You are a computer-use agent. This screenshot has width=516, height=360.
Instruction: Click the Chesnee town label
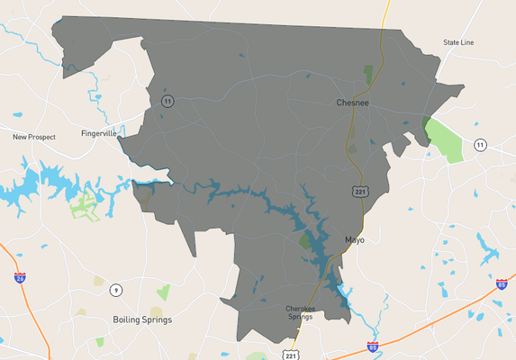(x=352, y=103)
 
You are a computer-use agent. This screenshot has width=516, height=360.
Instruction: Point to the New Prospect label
(x=34, y=137)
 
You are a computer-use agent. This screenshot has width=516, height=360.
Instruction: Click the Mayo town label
(x=354, y=239)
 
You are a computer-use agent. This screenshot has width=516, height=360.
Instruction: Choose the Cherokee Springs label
(x=300, y=313)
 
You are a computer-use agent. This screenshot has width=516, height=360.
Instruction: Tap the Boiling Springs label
(x=142, y=319)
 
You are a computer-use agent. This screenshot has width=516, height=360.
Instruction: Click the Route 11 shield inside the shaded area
(x=167, y=101)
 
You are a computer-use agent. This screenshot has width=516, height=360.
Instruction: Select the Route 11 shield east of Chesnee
(x=481, y=145)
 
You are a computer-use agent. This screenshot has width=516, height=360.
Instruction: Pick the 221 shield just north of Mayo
(x=359, y=192)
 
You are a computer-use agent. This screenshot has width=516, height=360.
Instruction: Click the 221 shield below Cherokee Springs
(x=290, y=355)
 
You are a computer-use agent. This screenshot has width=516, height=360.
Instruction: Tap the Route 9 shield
(x=116, y=290)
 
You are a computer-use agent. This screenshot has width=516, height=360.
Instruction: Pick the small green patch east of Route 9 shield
(x=163, y=292)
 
